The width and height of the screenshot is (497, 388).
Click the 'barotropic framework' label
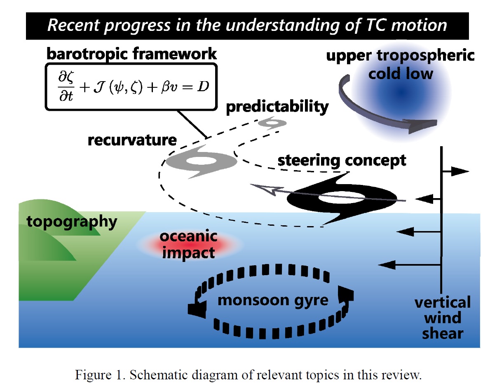131,54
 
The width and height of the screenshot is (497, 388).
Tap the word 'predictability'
277,107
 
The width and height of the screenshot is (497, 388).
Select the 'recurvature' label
132,140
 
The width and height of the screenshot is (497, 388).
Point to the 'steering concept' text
342,161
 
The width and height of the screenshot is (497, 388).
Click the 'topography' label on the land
72,222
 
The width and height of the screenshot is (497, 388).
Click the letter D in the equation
203,87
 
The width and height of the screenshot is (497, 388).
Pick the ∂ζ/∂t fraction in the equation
66,86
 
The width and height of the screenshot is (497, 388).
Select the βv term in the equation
169,87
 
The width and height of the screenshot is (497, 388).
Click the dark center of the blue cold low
401,92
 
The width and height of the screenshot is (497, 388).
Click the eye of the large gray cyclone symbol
201,161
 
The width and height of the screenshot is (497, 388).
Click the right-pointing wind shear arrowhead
460,171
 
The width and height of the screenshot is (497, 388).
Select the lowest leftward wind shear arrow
409,265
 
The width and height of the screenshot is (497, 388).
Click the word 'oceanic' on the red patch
188,236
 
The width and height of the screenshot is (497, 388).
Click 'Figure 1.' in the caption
100,375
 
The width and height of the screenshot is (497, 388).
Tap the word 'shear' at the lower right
443,334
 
